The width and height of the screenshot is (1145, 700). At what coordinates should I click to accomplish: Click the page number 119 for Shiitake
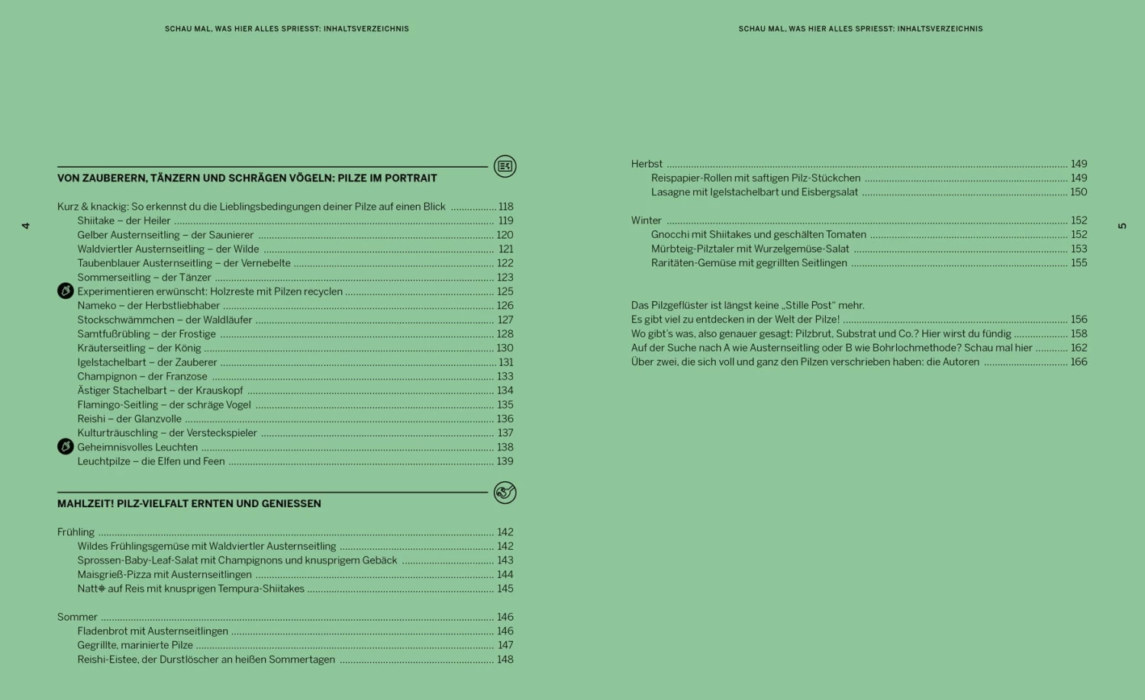pyautogui.click(x=505, y=221)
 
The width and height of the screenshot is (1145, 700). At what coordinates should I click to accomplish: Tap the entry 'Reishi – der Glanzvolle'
pyautogui.click(x=129, y=419)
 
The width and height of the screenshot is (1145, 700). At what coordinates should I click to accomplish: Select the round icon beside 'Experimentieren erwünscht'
pyautogui.click(x=66, y=291)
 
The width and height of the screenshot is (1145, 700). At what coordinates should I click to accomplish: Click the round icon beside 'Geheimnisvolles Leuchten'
pyautogui.click(x=66, y=447)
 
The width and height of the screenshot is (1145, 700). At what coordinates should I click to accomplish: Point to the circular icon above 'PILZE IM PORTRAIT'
pyautogui.click(x=505, y=166)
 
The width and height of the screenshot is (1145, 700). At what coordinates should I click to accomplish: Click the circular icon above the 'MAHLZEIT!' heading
pyautogui.click(x=505, y=493)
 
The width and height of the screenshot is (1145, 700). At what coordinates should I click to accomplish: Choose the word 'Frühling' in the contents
pyautogui.click(x=76, y=532)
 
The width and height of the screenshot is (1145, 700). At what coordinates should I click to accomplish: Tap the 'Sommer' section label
pyautogui.click(x=77, y=617)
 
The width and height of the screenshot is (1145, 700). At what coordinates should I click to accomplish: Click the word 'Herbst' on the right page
pyautogui.click(x=647, y=164)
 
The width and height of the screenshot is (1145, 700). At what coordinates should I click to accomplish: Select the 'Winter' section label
pyautogui.click(x=646, y=220)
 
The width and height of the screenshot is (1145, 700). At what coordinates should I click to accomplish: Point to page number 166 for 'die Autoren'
pyautogui.click(x=1079, y=362)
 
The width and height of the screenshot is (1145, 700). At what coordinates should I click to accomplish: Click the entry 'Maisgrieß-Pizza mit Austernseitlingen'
pyautogui.click(x=164, y=575)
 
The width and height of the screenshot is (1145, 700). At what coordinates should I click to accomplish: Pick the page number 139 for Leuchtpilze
pyautogui.click(x=505, y=461)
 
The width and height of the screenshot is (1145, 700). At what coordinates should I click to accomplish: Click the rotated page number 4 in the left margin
pyautogui.click(x=25, y=226)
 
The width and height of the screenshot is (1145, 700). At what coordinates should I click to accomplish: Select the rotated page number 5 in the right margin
pyautogui.click(x=1121, y=226)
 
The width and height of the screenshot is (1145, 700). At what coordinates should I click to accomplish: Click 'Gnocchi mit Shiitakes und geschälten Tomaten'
pyautogui.click(x=758, y=235)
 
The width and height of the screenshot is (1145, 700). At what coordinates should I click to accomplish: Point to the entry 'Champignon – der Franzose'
pyautogui.click(x=142, y=377)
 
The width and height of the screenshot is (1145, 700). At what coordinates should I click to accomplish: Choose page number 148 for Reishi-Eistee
pyautogui.click(x=505, y=660)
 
